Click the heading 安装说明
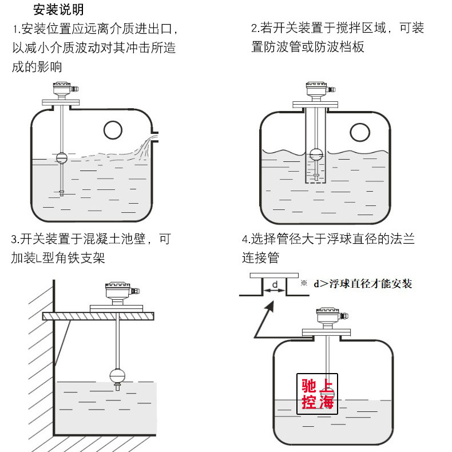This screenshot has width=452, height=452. click(x=58, y=10)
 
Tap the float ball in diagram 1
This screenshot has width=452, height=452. click(x=62, y=156)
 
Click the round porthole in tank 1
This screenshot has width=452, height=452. click(x=113, y=131)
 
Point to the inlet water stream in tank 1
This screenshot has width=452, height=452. click(x=146, y=143)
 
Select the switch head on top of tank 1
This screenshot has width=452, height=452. click(x=62, y=89)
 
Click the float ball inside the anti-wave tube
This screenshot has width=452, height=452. click(x=316, y=154)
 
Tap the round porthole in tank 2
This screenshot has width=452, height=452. click(x=360, y=132)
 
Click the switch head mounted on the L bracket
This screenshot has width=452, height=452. click(x=117, y=294)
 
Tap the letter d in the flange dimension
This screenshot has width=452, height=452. click(x=274, y=284)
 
